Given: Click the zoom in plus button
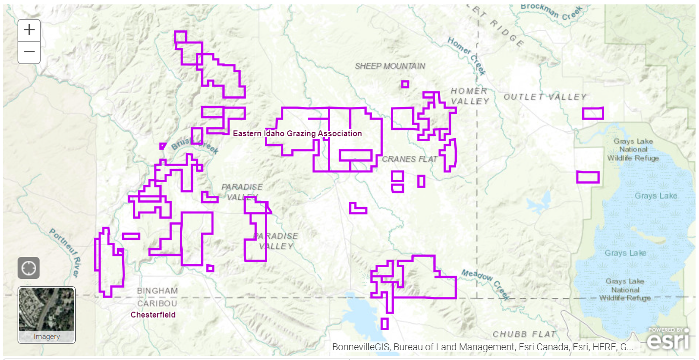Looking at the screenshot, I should [x=29, y=30].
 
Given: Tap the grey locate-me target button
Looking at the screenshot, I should [x=28, y=268].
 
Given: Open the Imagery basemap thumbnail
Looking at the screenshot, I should [x=47, y=315].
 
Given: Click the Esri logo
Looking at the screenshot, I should [x=668, y=339].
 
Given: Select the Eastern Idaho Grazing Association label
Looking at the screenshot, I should [x=297, y=134].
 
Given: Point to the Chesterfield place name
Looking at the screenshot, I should [x=153, y=315].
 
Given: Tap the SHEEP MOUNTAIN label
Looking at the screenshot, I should [x=390, y=66].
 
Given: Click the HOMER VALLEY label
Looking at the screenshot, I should [x=469, y=96].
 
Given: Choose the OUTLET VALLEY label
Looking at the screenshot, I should [x=545, y=97].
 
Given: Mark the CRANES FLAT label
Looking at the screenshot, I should [x=406, y=159].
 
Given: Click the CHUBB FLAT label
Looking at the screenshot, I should [x=524, y=335].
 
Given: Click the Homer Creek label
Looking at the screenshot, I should [x=467, y=56].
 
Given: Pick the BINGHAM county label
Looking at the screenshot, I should [x=157, y=291].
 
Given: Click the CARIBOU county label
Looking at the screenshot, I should [x=157, y=303].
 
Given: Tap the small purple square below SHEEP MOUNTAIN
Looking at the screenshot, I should [x=404, y=84].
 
